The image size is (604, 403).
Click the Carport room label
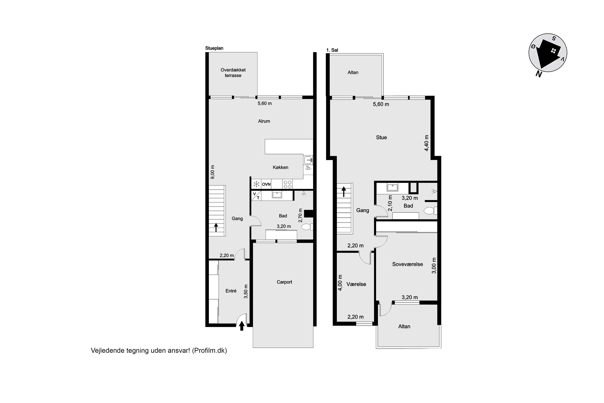pos(284,282)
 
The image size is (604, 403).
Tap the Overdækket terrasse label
pos(233,73)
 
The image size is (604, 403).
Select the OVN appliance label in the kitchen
pos(266,184)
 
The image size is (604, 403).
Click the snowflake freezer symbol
pos(256,184)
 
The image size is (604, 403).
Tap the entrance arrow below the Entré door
pos(241,326)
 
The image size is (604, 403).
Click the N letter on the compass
pos(539,74)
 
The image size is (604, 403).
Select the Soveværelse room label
pos(407,264)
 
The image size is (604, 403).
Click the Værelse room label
pos(356,284)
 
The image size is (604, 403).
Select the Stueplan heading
pos(214,48)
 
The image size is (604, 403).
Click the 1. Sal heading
pos(332,50)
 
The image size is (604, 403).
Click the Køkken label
pos(280,167)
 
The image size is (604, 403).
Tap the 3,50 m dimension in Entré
pos(246,291)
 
